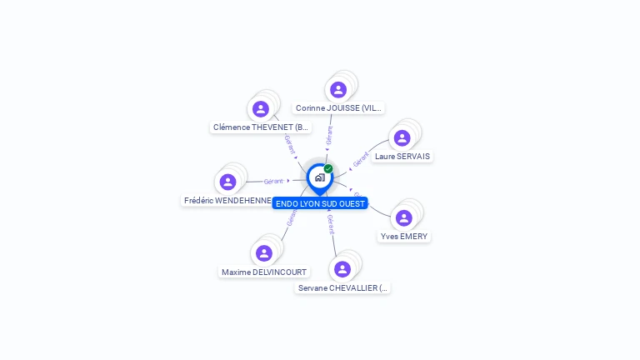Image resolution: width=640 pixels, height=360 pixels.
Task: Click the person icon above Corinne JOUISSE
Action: (337, 90)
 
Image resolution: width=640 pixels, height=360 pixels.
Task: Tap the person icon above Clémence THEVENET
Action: (261, 109)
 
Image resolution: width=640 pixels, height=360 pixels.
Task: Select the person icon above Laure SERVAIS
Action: (402, 138)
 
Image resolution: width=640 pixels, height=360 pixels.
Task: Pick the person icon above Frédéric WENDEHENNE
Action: (227, 182)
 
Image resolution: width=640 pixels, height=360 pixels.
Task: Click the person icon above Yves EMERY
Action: (404, 218)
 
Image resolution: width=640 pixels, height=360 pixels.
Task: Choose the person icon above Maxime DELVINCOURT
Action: (264, 253)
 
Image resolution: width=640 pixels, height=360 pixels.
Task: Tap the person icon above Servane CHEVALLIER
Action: (342, 269)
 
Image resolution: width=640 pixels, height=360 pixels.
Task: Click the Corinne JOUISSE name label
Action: (338, 108)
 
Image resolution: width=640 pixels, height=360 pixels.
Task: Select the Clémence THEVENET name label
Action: (262, 127)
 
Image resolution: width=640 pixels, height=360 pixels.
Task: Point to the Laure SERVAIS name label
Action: (402, 157)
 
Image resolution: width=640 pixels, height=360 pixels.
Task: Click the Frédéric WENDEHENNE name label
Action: (227, 201)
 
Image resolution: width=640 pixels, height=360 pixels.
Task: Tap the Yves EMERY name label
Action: (404, 237)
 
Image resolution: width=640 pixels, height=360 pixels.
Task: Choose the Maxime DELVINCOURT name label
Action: (264, 272)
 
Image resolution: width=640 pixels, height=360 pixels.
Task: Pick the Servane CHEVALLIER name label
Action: (342, 288)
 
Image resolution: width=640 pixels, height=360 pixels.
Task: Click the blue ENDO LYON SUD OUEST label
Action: (320, 203)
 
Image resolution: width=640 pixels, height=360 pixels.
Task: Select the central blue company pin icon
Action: (318, 177)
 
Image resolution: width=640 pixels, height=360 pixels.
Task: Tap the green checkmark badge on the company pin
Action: (328, 169)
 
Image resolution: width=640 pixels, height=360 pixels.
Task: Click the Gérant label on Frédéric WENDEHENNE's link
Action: (273, 181)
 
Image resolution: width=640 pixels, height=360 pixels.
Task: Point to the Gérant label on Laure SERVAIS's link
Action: (361, 158)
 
